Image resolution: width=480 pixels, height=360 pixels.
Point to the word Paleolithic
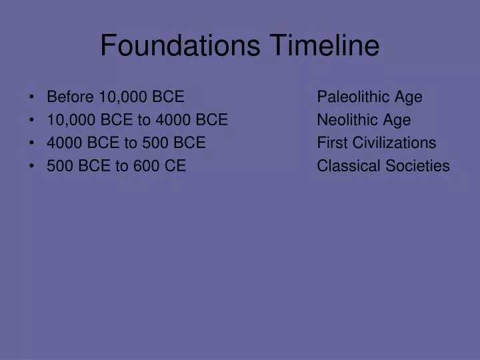353,97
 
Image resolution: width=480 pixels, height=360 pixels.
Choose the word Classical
349,166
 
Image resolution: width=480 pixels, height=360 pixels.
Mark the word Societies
418,166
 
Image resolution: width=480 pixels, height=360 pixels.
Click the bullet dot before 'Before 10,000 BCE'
33,97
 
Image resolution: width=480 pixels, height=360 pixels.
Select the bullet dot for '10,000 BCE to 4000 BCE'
33,120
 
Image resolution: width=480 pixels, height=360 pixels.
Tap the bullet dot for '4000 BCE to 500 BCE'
33,143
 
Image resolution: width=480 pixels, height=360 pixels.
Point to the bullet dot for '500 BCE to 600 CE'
33,166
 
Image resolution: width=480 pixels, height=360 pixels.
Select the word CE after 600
175,166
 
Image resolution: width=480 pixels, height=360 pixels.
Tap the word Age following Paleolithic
408,97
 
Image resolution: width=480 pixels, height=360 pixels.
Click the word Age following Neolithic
397,120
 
